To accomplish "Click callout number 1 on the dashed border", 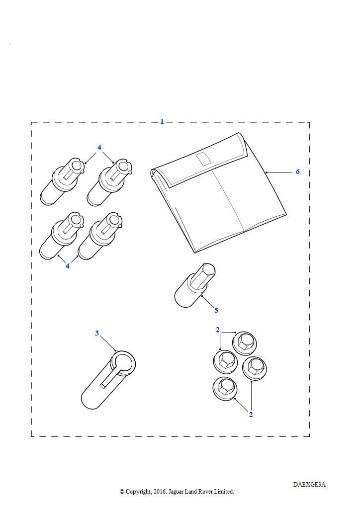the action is (x=162, y=122).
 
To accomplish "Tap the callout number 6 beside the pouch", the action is (x=298, y=171).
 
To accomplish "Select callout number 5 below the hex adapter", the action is (x=216, y=310).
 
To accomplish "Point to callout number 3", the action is (x=97, y=334).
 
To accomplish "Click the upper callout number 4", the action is (x=99, y=147).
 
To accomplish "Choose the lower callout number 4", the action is (x=68, y=266).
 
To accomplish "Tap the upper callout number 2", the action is (x=217, y=330).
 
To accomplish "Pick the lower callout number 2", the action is (x=251, y=415).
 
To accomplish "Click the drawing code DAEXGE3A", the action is (x=309, y=485).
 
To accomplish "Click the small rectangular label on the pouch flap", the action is (x=203, y=159).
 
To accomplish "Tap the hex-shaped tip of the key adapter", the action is (x=203, y=275).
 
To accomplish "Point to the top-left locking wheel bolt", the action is (x=62, y=181).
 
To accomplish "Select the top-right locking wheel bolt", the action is (x=109, y=182).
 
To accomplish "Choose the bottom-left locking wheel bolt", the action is (x=61, y=236).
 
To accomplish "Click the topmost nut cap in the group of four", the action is (x=245, y=343).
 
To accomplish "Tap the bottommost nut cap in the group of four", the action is (x=225, y=389).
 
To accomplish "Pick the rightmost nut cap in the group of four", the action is (x=255, y=368).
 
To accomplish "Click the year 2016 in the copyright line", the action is (x=159, y=492).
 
